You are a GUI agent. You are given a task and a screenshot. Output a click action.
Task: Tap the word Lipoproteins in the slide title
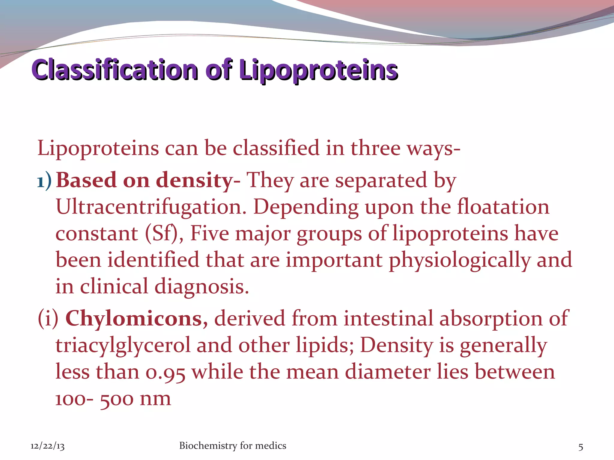click(x=318, y=70)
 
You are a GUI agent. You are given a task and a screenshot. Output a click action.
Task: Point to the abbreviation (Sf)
click(x=164, y=233)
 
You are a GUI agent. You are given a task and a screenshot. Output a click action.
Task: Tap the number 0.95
click(x=165, y=372)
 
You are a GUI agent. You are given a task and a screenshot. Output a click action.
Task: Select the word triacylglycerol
click(x=123, y=345)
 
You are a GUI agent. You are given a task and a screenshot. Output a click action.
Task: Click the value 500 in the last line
click(x=116, y=399)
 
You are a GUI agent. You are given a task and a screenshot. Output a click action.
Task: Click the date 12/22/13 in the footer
click(x=47, y=446)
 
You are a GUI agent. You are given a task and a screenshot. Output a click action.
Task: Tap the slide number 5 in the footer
click(x=580, y=447)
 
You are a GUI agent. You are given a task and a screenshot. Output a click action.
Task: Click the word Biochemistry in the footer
click(x=208, y=446)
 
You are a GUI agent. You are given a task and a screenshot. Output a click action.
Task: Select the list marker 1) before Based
click(x=44, y=181)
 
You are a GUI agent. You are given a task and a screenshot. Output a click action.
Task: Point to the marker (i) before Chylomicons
click(x=48, y=318)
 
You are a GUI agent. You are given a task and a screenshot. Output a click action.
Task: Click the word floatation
click(x=503, y=207)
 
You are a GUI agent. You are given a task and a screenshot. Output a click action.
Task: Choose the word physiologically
click(x=460, y=260)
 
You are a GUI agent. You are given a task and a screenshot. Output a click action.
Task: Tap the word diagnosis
click(x=202, y=287)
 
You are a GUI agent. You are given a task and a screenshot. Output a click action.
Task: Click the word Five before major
click(x=210, y=233)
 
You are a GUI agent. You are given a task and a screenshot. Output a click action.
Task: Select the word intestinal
click(x=388, y=318)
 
